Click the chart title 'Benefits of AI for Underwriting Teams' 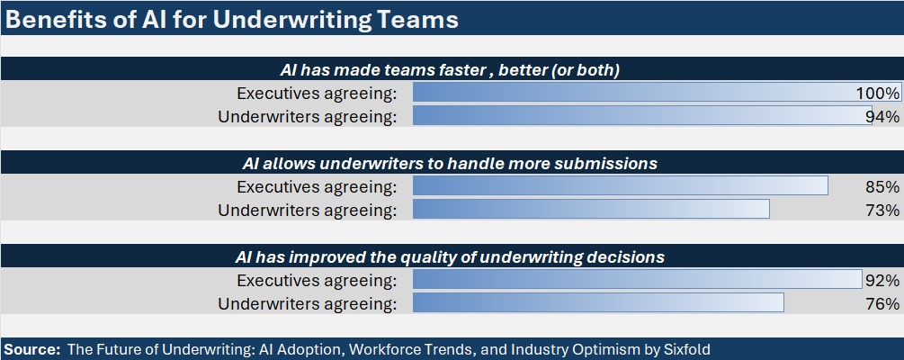coord(231,19)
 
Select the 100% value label coord(878,93)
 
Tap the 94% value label coord(882,116)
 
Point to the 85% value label coord(882,187)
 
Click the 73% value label coord(882,210)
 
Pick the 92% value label coord(882,281)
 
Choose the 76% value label coord(882,303)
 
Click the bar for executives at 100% coord(657,93)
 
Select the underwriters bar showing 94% coord(642,115)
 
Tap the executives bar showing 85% coord(621,185)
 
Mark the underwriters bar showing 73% coord(591,209)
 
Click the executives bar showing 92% coord(638,279)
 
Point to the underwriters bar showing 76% coord(598,302)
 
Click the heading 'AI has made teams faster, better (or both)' coord(451,70)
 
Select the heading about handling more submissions coord(451,163)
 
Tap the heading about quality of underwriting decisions coord(451,256)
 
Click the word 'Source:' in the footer coord(31,349)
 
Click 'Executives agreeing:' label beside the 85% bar coord(318,187)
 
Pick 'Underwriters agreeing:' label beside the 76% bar coord(308,304)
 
